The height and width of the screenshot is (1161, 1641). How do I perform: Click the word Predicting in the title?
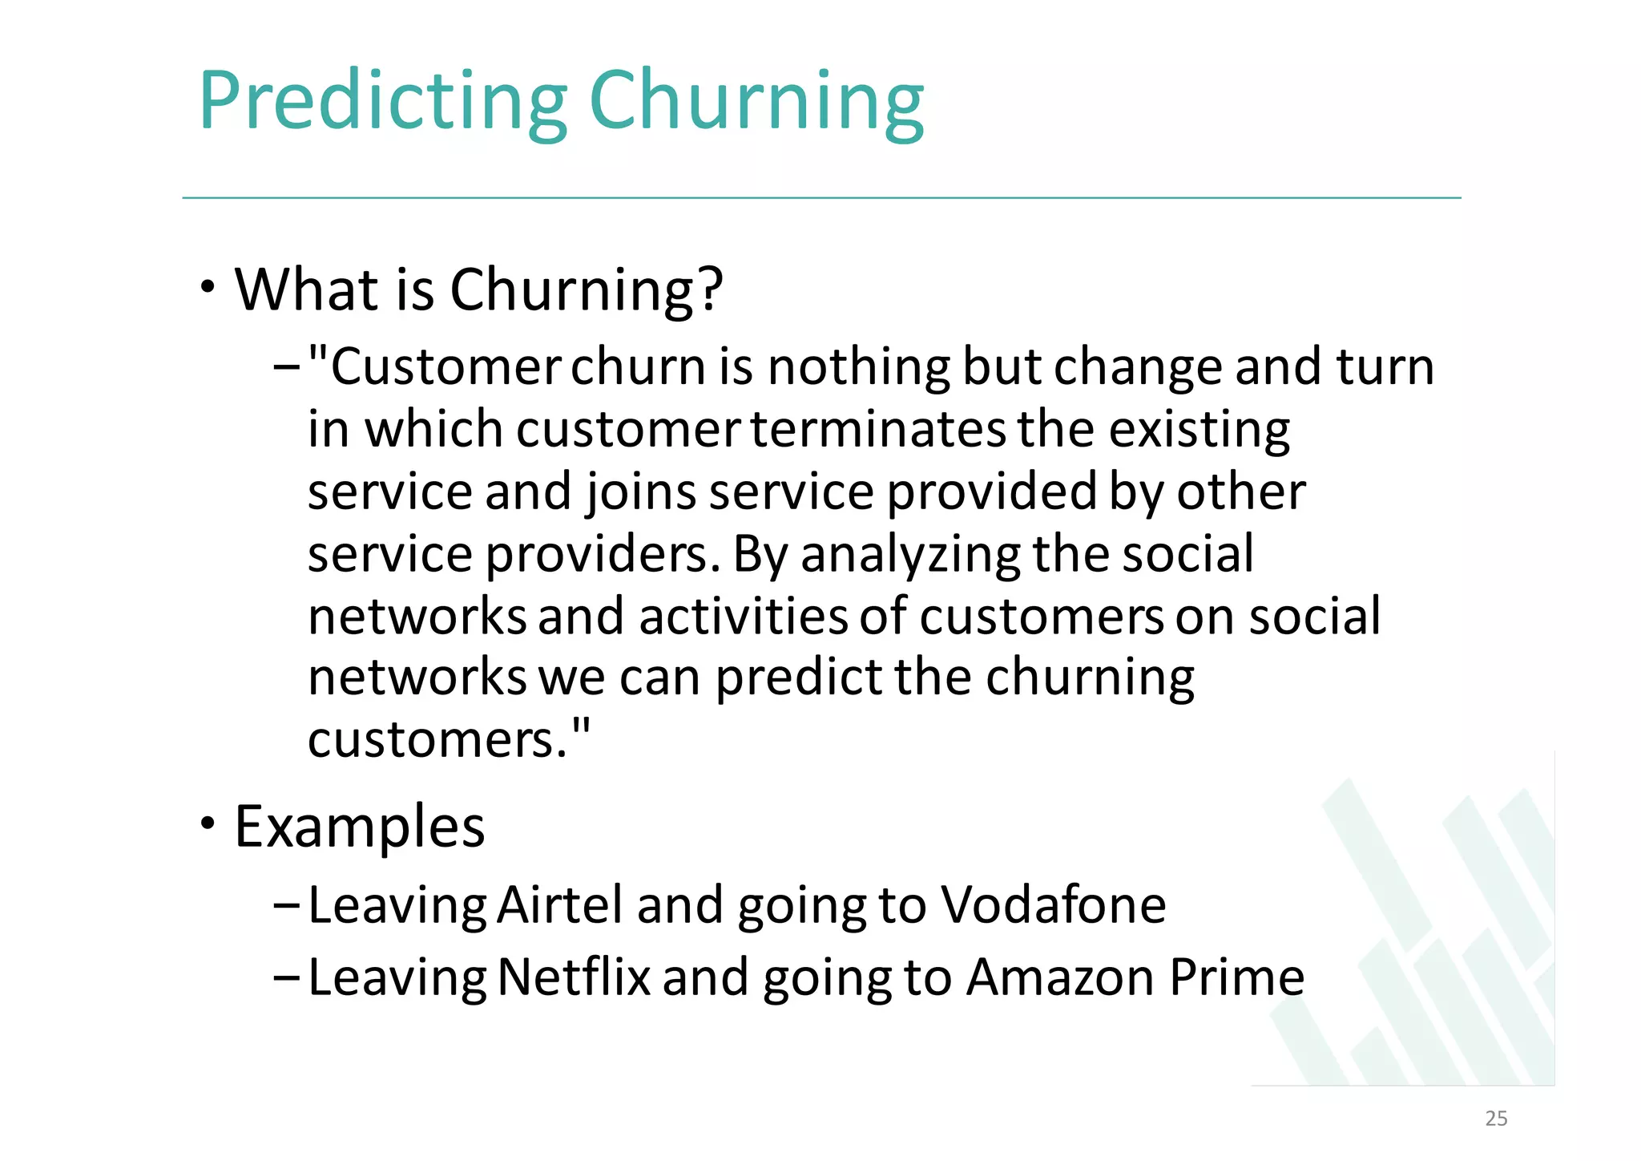point(382,102)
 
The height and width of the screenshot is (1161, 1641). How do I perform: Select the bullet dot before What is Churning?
point(208,287)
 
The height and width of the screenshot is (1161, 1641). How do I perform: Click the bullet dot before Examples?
point(208,823)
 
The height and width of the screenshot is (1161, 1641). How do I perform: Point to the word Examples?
point(359,827)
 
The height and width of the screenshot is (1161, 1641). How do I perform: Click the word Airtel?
point(559,905)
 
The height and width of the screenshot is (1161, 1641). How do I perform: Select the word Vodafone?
point(1053,905)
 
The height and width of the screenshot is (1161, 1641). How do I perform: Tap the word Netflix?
point(574,977)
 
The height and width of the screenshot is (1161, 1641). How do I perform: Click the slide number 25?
point(1495,1119)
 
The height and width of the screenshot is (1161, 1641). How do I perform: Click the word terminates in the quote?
point(878,430)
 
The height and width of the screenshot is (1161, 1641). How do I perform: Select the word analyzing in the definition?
point(910,554)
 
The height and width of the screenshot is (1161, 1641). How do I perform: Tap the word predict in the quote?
point(798,678)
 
